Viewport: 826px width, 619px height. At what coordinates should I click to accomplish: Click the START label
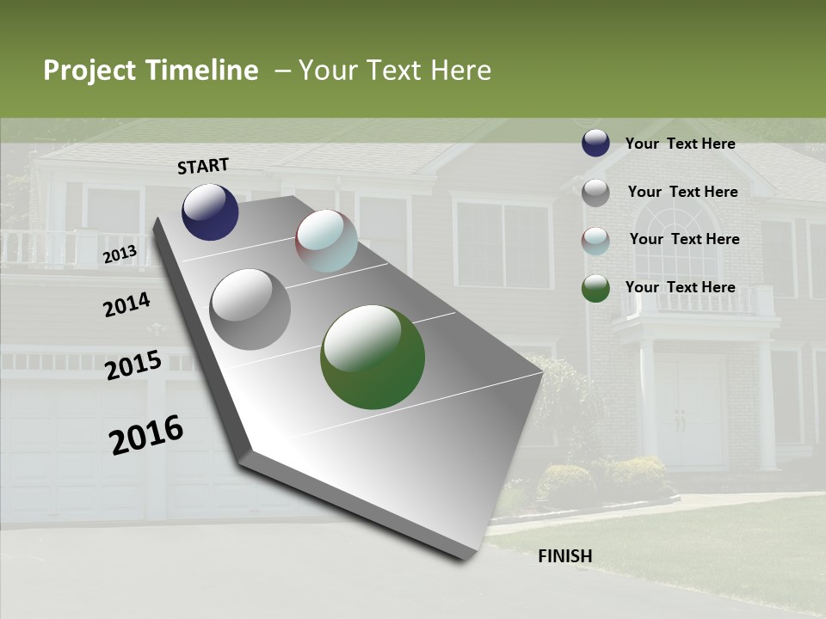(x=203, y=166)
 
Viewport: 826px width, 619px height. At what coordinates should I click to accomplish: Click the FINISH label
(x=565, y=556)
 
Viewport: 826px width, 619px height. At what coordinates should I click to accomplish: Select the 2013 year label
(x=120, y=254)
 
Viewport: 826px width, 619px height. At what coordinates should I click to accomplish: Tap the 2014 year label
(x=126, y=305)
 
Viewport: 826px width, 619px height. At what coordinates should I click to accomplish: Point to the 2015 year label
(x=133, y=365)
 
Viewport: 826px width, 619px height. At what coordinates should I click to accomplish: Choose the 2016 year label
(x=146, y=434)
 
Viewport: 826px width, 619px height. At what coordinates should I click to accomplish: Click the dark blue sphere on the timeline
(x=210, y=211)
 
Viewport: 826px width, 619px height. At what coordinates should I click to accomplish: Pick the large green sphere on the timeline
(x=373, y=357)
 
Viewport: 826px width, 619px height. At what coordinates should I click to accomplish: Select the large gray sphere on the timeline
(x=250, y=309)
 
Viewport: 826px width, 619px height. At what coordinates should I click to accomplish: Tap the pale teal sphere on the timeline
(x=326, y=241)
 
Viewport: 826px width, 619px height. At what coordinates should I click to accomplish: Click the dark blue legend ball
(x=595, y=144)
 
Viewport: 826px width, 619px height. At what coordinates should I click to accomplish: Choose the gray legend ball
(x=595, y=193)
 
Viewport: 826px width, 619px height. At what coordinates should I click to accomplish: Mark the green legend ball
(x=595, y=288)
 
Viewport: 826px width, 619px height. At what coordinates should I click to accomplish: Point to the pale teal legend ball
(x=595, y=241)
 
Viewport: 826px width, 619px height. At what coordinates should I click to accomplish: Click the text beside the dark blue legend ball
(x=680, y=144)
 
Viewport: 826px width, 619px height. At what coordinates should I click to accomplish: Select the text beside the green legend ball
(x=680, y=287)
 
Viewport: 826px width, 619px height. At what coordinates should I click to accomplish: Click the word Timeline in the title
(x=203, y=70)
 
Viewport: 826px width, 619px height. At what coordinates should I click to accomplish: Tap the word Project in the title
(x=89, y=70)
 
